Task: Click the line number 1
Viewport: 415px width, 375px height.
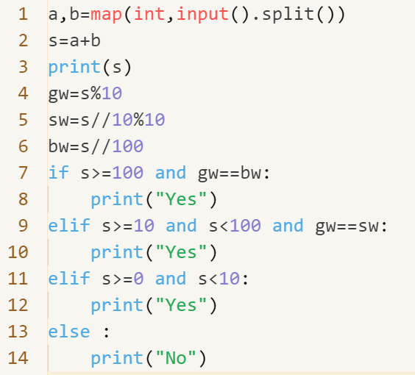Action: click(24, 14)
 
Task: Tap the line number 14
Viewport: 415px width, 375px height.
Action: click(18, 358)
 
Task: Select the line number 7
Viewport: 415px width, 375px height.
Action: click(24, 173)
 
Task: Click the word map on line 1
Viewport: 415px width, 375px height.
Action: click(106, 15)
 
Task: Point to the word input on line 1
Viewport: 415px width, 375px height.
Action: click(202, 15)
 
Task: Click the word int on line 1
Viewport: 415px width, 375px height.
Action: click(149, 14)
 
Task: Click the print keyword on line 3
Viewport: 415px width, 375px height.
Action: click(74, 68)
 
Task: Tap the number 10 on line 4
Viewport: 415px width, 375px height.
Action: click(112, 93)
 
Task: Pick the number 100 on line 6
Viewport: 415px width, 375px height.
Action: click(128, 146)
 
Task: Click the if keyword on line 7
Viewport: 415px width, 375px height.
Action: click(58, 172)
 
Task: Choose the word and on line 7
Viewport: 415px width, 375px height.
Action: click(171, 173)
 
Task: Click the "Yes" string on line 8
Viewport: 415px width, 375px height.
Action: click(181, 199)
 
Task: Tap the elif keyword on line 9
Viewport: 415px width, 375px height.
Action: click(69, 225)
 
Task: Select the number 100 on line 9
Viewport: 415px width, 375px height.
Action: click(245, 226)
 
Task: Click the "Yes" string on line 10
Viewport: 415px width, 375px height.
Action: click(181, 251)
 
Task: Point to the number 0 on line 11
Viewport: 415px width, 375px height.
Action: click(138, 279)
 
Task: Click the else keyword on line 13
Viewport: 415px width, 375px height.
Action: click(69, 332)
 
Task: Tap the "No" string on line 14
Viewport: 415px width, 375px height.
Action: click(176, 358)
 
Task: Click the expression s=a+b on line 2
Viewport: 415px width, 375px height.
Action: click(74, 40)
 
